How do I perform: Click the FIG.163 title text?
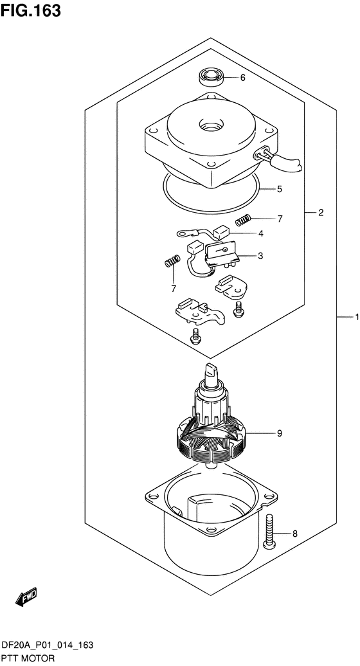coord(31,10)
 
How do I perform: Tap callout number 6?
coord(242,78)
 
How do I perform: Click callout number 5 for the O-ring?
coord(279,189)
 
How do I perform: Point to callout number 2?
coord(321,212)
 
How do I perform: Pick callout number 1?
coord(357,317)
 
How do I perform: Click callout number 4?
coord(260,233)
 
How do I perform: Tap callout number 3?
coord(260,256)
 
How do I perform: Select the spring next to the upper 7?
coord(243,220)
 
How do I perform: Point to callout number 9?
coord(280,433)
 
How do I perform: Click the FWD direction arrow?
coord(26,596)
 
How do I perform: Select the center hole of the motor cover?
coord(211,126)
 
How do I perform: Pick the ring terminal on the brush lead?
coord(183,233)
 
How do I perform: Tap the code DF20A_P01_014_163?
coord(47,646)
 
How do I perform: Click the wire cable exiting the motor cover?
coord(280,160)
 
